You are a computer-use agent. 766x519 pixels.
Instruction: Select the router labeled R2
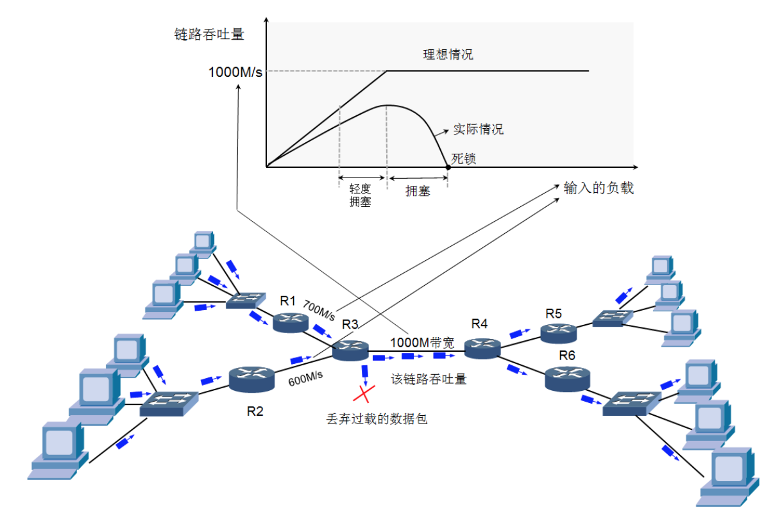coord(251,379)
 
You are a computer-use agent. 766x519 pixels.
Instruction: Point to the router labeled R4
coord(482,347)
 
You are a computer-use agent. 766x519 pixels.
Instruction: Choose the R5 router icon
coord(557,332)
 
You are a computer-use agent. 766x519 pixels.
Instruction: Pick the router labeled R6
coord(566,379)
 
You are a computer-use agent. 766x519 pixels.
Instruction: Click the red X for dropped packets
coord(366,393)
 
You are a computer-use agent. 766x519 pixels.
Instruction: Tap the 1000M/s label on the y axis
coord(235,71)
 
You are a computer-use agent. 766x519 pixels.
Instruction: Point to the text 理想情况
coord(448,54)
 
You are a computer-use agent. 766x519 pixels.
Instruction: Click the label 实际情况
coord(478,129)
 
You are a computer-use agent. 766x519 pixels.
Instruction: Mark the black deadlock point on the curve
coord(448,167)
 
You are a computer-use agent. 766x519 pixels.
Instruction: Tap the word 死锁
coord(463,158)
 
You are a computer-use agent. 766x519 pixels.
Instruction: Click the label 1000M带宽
coord(421,343)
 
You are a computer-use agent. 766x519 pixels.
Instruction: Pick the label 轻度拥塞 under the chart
coord(361,195)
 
